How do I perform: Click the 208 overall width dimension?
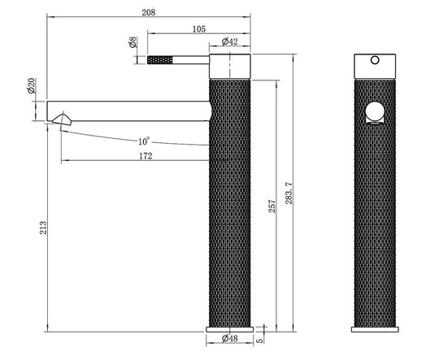[149, 13]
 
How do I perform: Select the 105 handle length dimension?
[199, 29]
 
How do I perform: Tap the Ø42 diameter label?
[229, 41]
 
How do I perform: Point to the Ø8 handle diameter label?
[133, 42]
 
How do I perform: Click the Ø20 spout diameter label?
[31, 85]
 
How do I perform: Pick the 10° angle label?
[144, 141]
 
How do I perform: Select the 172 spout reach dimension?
[146, 156]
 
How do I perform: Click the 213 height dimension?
[43, 228]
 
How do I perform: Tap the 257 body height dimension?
[272, 206]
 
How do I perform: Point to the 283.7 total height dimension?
[289, 193]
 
